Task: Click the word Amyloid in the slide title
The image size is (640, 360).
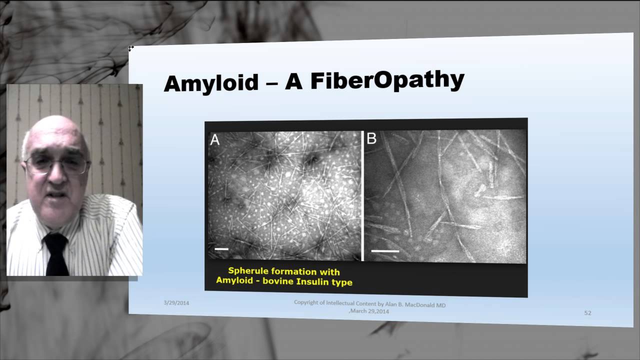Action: pyautogui.click(x=210, y=83)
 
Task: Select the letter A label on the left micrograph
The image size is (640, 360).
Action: pyautogui.click(x=215, y=140)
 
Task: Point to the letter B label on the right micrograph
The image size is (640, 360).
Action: pyautogui.click(x=371, y=139)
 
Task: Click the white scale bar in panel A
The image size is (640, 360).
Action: pyautogui.click(x=221, y=248)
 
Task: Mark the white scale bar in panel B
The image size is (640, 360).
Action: pyautogui.click(x=385, y=250)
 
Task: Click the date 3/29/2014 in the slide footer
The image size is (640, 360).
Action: pyautogui.click(x=176, y=303)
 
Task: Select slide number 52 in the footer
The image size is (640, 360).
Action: pyautogui.click(x=587, y=313)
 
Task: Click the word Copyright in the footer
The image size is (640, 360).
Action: pyautogui.click(x=307, y=302)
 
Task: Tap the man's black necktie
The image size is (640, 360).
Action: pyautogui.click(x=55, y=252)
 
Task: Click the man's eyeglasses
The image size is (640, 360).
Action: pyautogui.click(x=56, y=164)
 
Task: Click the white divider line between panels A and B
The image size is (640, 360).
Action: pyautogui.click(x=362, y=195)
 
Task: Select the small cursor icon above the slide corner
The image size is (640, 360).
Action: pyautogui.click(x=131, y=48)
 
